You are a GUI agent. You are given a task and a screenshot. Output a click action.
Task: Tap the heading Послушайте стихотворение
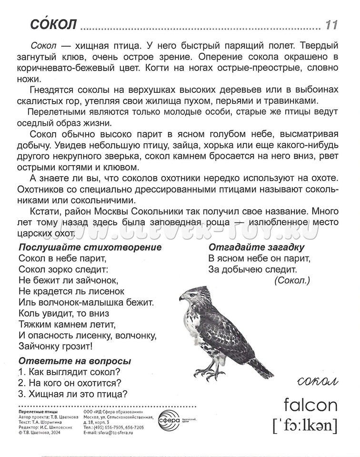tap(90, 248)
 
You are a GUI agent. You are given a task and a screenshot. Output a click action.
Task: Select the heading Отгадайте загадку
tap(256, 248)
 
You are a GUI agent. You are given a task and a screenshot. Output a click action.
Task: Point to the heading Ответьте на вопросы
tap(74, 361)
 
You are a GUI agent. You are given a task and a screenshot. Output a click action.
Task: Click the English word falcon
tap(310, 405)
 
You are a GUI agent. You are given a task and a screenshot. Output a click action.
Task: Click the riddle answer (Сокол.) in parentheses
tap(292, 281)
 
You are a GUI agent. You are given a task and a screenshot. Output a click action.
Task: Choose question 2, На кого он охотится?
tap(70, 383)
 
